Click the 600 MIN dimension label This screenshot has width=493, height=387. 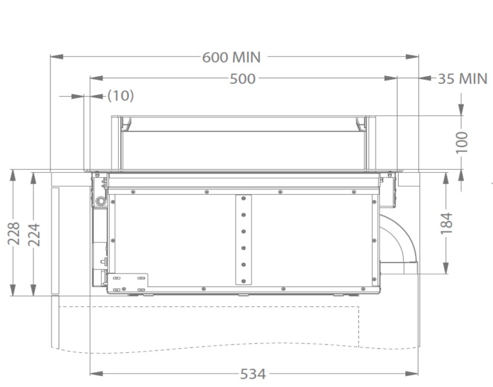231,57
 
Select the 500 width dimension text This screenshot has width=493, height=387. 242,79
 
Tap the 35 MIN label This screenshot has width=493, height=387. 462,79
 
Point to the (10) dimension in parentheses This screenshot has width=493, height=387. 120,95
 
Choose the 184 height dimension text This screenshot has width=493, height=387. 447,223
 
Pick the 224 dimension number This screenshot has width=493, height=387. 33,233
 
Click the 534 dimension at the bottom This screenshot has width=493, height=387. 252,373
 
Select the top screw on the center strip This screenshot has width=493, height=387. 244,199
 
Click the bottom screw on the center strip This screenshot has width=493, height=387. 244,280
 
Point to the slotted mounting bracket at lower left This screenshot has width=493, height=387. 128,283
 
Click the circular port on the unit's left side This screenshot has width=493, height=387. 100,202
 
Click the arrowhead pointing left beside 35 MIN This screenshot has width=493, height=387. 425,79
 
